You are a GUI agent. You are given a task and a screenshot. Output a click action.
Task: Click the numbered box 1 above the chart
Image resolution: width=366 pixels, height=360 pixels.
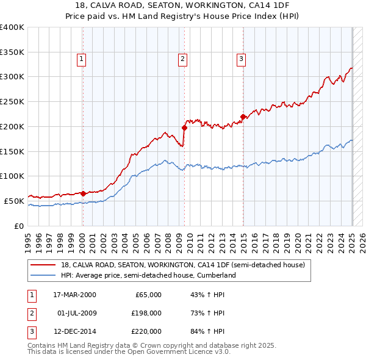[81, 59]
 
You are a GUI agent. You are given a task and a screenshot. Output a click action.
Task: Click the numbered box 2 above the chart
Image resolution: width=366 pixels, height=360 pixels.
[182, 59]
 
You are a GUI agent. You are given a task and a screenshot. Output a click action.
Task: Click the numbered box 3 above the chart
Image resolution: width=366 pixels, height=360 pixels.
[241, 59]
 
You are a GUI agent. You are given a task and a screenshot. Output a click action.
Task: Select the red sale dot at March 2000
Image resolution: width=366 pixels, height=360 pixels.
[83, 193]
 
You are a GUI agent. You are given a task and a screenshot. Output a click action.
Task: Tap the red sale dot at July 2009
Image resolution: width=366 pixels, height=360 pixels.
[184, 128]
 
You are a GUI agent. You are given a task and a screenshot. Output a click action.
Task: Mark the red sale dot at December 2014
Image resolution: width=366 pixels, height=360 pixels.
[243, 116]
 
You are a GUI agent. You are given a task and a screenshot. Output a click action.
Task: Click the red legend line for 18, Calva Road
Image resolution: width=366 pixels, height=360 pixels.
[44, 265]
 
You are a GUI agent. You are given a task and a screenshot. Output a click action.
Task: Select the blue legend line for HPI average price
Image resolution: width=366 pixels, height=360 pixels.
[44, 275]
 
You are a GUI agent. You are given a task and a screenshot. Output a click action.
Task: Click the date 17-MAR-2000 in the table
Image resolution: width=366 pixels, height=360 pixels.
[74, 295]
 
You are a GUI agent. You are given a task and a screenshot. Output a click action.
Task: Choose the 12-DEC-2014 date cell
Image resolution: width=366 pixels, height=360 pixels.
[74, 332]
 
